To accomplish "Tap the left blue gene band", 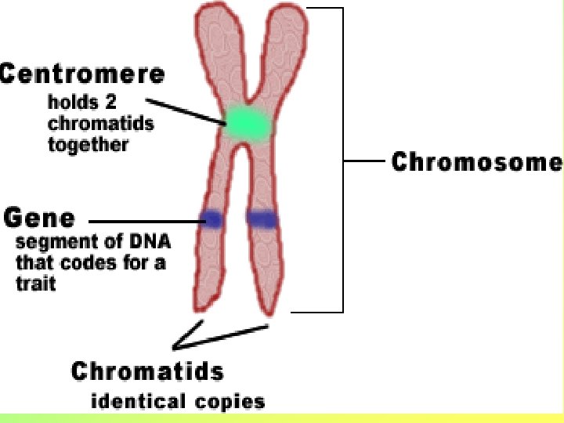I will pos(211,219).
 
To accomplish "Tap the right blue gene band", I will pos(262,219).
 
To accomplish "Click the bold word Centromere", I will pos(82,74).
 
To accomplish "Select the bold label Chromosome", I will pos(476,162).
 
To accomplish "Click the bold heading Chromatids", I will pos(147,371).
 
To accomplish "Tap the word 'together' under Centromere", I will pos(88,145).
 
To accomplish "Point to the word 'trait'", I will pos(36,284).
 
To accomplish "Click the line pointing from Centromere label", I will pos(185,111).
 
